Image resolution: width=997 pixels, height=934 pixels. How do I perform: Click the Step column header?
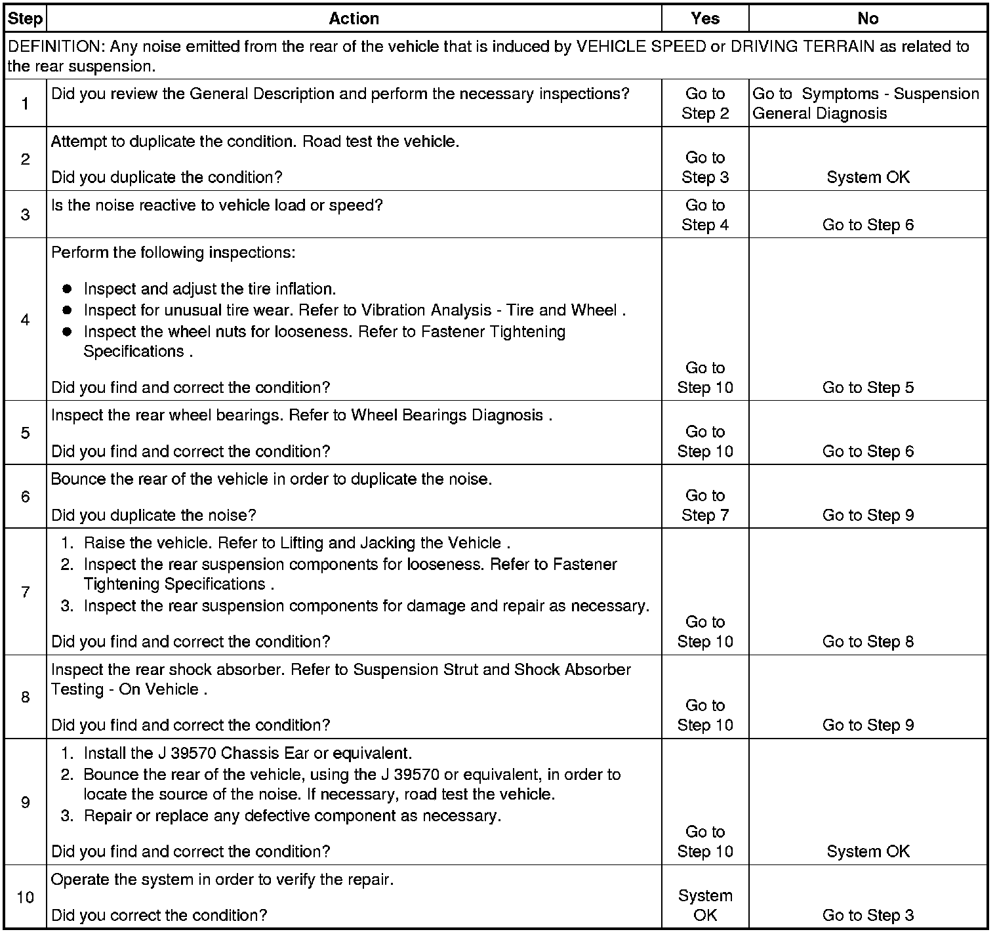25,18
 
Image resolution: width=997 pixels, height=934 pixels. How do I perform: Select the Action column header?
354,18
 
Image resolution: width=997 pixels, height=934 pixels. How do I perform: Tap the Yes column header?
705,18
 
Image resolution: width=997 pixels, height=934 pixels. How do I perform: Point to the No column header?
868,18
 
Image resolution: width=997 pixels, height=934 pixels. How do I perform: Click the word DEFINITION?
55,47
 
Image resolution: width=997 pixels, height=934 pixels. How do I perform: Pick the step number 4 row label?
25,319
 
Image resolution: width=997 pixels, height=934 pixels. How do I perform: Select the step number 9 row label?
25,802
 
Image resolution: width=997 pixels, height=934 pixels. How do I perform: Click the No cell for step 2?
868,177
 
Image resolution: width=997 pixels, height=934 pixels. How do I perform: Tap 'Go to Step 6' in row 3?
868,225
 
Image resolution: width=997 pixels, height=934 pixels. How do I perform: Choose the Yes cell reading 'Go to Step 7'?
705,505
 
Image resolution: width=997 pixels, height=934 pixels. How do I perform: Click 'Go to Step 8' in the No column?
868,641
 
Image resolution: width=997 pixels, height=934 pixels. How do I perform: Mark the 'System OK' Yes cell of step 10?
705,905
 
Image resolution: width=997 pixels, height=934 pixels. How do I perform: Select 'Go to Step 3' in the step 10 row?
868,915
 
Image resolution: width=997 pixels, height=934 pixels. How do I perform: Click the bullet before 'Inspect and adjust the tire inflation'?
67,289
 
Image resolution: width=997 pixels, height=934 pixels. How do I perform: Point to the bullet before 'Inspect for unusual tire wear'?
67,310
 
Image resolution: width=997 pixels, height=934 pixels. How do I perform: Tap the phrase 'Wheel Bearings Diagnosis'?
447,415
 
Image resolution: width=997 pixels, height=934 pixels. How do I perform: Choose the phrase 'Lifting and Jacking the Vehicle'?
391,543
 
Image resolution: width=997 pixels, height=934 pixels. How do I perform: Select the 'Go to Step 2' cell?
705,104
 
